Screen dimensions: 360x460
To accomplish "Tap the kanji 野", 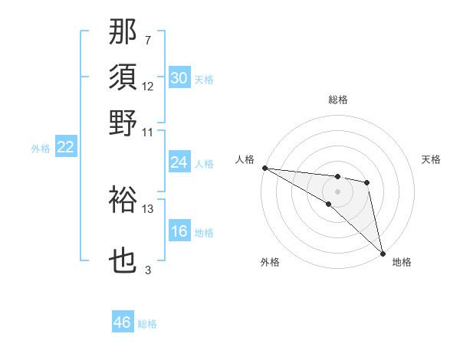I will [123, 123].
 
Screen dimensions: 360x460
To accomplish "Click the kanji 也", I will [123, 262].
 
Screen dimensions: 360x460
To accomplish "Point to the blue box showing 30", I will [179, 78].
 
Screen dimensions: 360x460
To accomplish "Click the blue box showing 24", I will [179, 162].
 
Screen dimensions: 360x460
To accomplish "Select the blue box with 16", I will [179, 232].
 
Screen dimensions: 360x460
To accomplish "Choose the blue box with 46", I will [123, 322].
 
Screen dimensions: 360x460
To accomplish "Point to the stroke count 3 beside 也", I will [148, 270].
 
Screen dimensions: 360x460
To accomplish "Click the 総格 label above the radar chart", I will [337, 100].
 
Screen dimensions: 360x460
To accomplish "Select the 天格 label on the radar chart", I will [431, 159].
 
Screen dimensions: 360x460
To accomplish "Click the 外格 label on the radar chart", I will [270, 263].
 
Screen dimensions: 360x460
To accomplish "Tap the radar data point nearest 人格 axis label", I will [264, 168].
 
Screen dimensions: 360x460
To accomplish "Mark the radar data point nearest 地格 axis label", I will [382, 252].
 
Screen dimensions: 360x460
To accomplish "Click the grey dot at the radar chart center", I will [337, 191].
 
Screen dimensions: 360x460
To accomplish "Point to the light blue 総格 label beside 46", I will [147, 324].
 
